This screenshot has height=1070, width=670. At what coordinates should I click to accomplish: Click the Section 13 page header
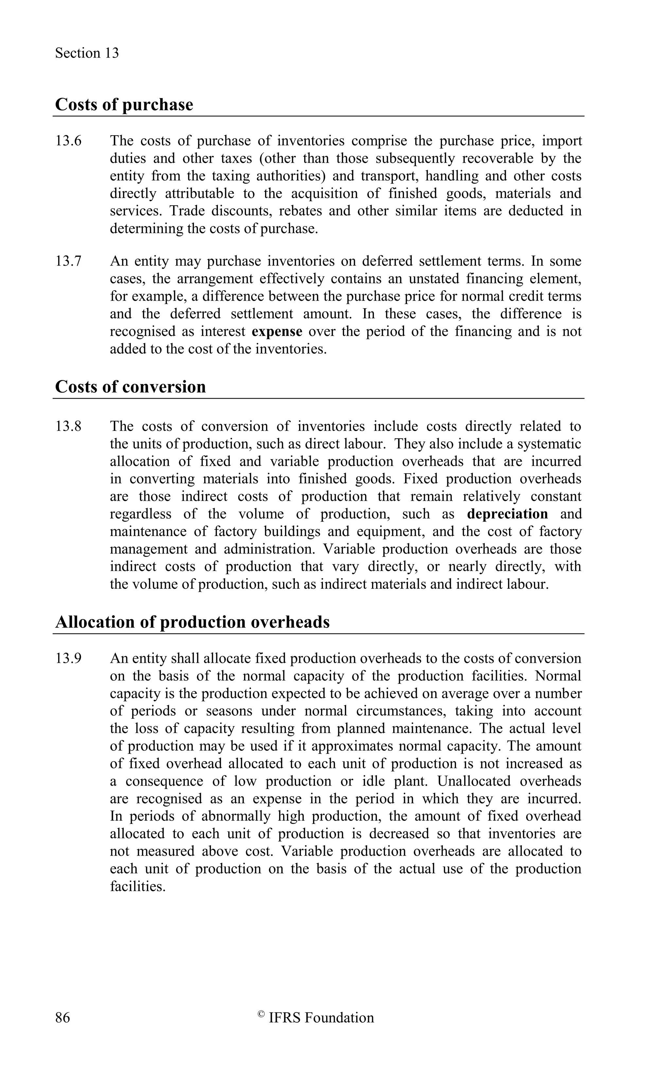click(87, 53)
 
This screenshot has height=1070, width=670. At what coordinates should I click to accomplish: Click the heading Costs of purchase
click(124, 105)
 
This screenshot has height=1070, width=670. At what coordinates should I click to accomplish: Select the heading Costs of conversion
click(130, 387)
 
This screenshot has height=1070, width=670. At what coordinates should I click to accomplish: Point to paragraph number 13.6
click(68, 141)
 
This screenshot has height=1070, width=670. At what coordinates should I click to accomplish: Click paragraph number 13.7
click(68, 261)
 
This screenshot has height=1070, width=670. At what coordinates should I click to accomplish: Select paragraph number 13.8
click(68, 426)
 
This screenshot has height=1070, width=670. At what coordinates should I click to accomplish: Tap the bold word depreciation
click(507, 514)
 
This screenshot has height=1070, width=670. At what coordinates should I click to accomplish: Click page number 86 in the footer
click(62, 1018)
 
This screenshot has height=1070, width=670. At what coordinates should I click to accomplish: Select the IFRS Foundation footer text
click(321, 1018)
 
